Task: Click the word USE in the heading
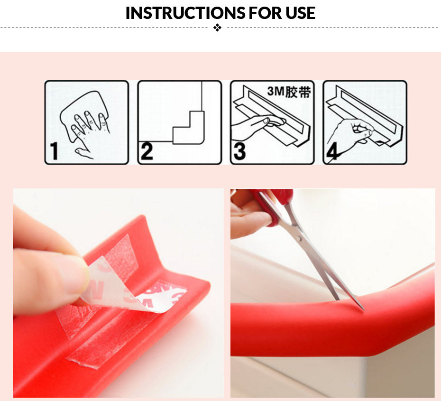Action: pos(300,13)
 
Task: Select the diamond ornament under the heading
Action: pos(217,28)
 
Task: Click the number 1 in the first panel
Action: pos(54,151)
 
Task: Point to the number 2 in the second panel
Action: pos(147,151)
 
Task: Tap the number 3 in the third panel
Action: pos(239,152)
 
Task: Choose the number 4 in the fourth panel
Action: pos(332,151)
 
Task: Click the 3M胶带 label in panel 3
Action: pos(289,92)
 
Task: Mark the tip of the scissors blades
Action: pos(364,310)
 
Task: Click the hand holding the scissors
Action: pos(249,214)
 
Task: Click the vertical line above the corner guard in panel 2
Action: pos(202,96)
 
